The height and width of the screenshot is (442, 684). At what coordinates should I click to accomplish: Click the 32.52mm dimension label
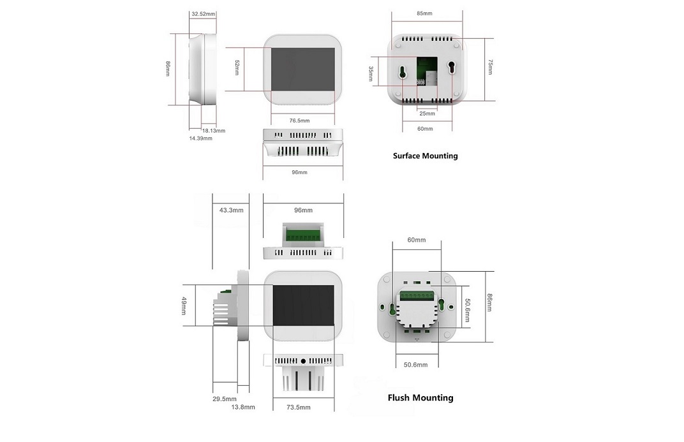(204, 14)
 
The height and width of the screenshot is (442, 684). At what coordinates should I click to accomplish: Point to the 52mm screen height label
(237, 68)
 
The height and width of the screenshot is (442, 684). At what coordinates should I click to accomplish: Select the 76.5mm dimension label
(300, 121)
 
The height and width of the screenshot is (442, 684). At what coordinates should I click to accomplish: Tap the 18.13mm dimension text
(213, 131)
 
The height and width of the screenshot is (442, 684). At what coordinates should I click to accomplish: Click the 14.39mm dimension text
(200, 138)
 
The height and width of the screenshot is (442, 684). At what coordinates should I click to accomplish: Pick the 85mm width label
(424, 13)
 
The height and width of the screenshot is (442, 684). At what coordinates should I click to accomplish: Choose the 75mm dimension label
(490, 67)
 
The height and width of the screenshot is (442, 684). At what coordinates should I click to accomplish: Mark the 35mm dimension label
(370, 74)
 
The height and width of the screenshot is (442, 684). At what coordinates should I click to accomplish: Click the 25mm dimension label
(427, 114)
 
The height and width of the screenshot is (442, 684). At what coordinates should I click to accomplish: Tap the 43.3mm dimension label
(231, 210)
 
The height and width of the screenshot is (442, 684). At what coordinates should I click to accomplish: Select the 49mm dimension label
(184, 306)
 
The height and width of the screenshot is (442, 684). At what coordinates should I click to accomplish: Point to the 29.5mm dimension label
(225, 399)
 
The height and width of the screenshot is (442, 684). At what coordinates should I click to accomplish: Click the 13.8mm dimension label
(243, 407)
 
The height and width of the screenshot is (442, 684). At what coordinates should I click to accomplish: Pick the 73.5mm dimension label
(299, 407)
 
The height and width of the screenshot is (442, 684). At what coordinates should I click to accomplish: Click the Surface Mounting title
(426, 156)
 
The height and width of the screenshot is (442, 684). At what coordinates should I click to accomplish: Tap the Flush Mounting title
(420, 397)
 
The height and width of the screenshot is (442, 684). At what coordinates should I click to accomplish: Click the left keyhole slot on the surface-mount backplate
(402, 72)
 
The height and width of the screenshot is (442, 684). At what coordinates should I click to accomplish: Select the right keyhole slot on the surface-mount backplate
(452, 68)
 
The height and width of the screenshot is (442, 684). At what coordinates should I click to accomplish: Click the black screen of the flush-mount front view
(304, 306)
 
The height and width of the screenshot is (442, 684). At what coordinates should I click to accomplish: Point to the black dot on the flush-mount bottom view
(304, 361)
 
